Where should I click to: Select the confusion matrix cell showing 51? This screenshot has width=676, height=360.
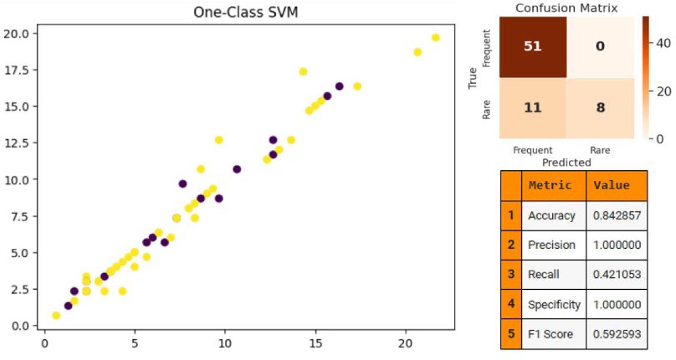[x=533, y=46]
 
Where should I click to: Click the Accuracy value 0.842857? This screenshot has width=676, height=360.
[x=616, y=215]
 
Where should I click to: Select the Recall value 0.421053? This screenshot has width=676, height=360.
[x=616, y=274]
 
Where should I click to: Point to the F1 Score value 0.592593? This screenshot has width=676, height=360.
[x=616, y=334]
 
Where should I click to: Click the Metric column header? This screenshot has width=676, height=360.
[x=550, y=186]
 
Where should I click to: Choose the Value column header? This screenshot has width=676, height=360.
[x=611, y=186]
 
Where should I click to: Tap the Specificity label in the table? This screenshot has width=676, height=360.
[x=554, y=305]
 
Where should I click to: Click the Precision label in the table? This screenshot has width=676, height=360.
[x=552, y=245]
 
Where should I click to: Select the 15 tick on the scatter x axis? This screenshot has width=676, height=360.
[x=315, y=345]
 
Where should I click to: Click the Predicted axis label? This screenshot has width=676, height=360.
[x=567, y=162]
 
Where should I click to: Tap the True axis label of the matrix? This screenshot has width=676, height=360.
[x=474, y=78]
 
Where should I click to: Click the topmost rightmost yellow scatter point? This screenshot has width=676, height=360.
[x=436, y=37]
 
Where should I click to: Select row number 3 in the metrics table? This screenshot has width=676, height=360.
[x=511, y=274]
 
